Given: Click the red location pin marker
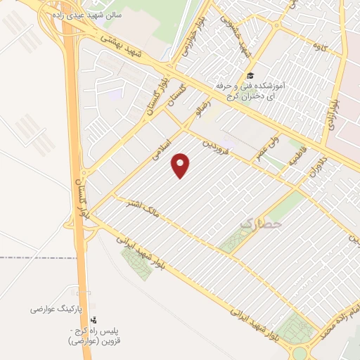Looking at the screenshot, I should click(x=181, y=165).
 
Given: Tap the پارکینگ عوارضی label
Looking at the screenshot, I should click(x=57, y=309).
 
